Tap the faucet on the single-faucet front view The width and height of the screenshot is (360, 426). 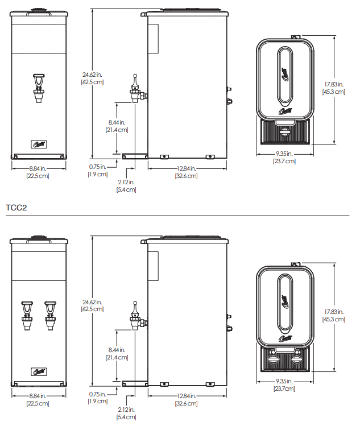39,88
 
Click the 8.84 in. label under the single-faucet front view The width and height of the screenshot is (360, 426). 39,168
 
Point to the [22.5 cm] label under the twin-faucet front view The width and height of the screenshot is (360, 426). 39,403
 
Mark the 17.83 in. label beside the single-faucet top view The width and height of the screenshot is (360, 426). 334,84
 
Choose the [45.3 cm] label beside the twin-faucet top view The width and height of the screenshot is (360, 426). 334,319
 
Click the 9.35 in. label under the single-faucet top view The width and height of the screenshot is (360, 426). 284,154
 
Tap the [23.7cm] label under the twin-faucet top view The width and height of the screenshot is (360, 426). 284,388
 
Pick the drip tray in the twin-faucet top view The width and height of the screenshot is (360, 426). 284,359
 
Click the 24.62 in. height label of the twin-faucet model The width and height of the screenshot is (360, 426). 92,302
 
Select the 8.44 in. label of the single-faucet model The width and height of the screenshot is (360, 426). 118,122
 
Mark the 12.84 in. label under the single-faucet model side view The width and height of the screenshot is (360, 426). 186,168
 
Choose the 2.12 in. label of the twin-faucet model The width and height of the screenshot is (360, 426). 126,410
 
